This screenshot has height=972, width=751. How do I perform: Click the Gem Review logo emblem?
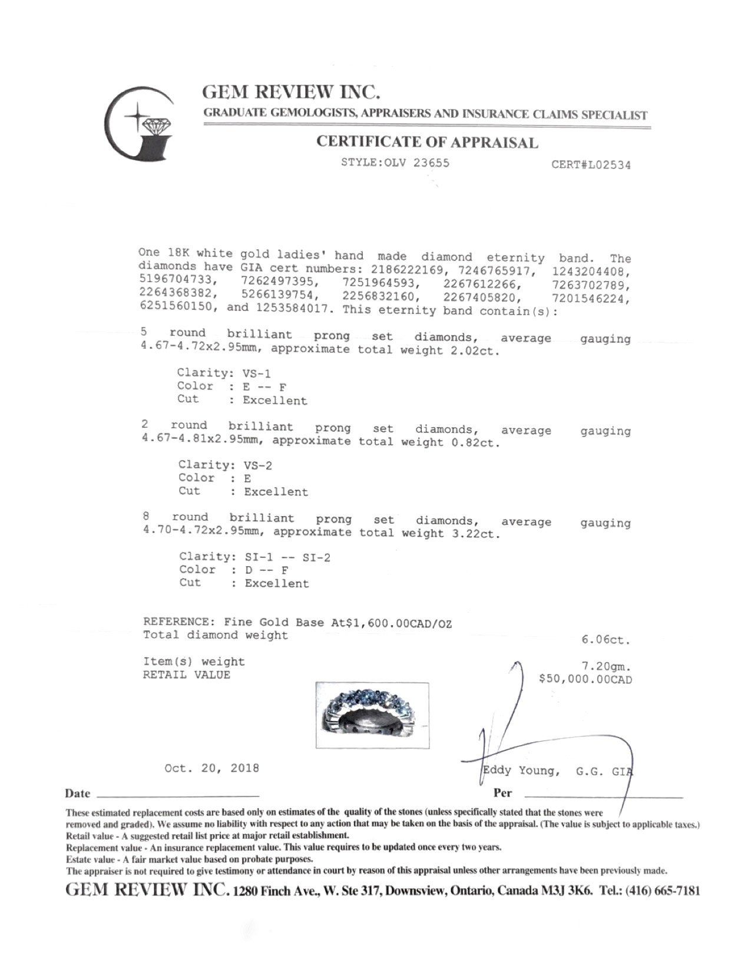pyautogui.click(x=138, y=123)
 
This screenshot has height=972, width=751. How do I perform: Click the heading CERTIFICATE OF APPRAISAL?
pyautogui.click(x=427, y=142)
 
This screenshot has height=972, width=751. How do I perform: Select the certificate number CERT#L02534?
pyautogui.click(x=591, y=165)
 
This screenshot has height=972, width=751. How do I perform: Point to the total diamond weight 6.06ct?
pyautogui.click(x=606, y=639)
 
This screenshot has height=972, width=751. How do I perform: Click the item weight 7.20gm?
pyautogui.click(x=606, y=667)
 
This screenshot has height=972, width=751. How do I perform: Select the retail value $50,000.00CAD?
pyautogui.click(x=585, y=679)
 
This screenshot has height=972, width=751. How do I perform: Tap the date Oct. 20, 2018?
pyautogui.click(x=211, y=768)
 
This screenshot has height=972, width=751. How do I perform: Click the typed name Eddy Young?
pyautogui.click(x=519, y=771)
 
